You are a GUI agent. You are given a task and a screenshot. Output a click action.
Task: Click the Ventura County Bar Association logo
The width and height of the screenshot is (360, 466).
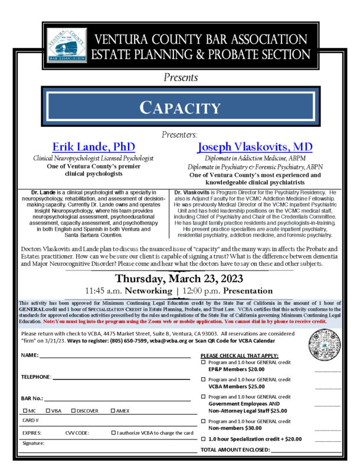[x=67, y=45]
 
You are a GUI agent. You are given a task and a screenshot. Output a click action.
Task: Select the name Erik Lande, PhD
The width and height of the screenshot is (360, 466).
[x=93, y=146]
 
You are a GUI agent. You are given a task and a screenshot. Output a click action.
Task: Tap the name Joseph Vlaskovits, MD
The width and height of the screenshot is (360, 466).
[x=254, y=146]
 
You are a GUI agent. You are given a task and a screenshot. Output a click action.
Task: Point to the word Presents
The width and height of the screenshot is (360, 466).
[x=180, y=77]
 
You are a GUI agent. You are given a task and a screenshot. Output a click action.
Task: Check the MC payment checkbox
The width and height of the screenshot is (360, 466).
[x=25, y=410]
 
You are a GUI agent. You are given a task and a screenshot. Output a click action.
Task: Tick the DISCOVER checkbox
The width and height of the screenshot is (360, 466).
[x=73, y=410]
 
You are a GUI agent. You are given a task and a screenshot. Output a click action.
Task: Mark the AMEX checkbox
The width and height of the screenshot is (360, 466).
[x=113, y=410]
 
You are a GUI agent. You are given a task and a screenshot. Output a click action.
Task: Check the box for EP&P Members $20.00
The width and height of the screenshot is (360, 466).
[x=204, y=362]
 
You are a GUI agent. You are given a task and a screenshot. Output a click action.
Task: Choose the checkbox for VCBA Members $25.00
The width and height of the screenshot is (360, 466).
[x=204, y=379]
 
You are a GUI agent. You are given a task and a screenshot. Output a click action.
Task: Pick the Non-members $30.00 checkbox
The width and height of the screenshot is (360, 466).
[x=204, y=421]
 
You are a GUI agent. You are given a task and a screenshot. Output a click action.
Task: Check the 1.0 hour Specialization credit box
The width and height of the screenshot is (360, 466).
[x=204, y=439]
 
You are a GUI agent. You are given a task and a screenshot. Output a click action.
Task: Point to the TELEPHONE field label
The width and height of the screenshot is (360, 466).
[x=36, y=376]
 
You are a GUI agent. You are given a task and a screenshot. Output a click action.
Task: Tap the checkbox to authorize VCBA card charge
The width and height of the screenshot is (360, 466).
[x=113, y=433]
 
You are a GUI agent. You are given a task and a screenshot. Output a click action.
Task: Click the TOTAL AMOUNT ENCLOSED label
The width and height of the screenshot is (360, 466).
[x=235, y=450]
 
